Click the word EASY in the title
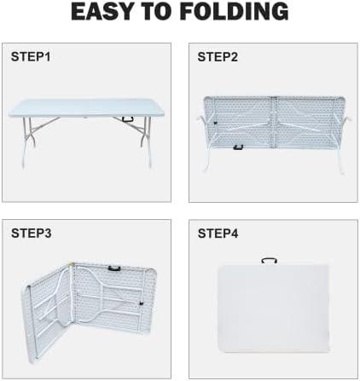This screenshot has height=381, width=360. (101, 12)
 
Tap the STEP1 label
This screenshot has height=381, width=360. (31, 57)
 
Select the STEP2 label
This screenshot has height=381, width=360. (218, 57)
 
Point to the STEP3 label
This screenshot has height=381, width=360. (31, 234)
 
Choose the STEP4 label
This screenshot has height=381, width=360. (218, 234)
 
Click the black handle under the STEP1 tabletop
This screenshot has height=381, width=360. (129, 119)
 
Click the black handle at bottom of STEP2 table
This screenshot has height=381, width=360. (238, 147)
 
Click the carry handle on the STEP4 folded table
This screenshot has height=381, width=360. (270, 261)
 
